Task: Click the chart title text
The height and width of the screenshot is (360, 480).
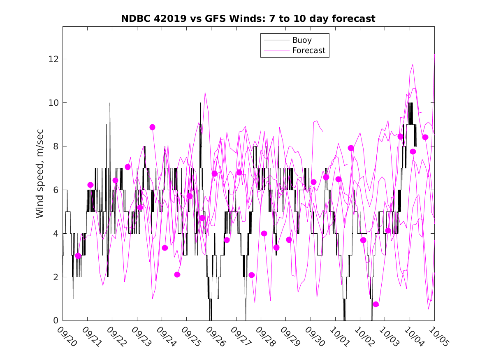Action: [248, 19]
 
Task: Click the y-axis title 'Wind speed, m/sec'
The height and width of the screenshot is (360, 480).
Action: [39, 173]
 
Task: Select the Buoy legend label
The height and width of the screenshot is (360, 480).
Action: [302, 40]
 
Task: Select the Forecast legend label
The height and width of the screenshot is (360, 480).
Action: [308, 51]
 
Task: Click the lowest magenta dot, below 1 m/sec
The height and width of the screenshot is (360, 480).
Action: [376, 304]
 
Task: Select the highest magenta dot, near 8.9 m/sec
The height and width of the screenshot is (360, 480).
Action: [152, 127]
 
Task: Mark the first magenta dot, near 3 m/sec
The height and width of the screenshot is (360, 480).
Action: [78, 256]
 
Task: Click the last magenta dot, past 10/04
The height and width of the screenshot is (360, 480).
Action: [425, 137]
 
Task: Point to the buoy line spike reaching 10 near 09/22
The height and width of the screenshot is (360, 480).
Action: [110, 104]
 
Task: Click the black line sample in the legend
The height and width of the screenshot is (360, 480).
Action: [276, 40]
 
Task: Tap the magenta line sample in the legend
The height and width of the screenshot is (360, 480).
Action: [276, 51]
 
